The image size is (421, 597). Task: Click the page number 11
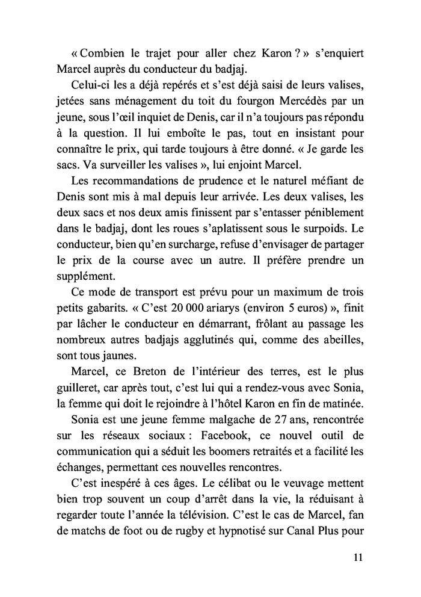[x=358, y=557]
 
